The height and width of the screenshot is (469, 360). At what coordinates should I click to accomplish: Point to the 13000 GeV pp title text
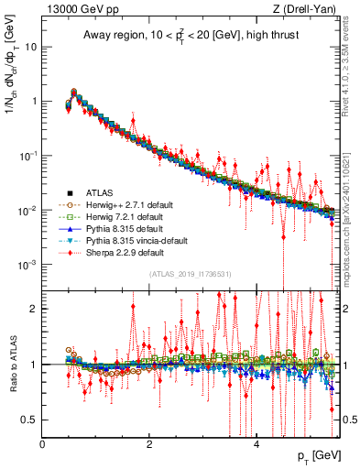pyautogui.click(x=78, y=9)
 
